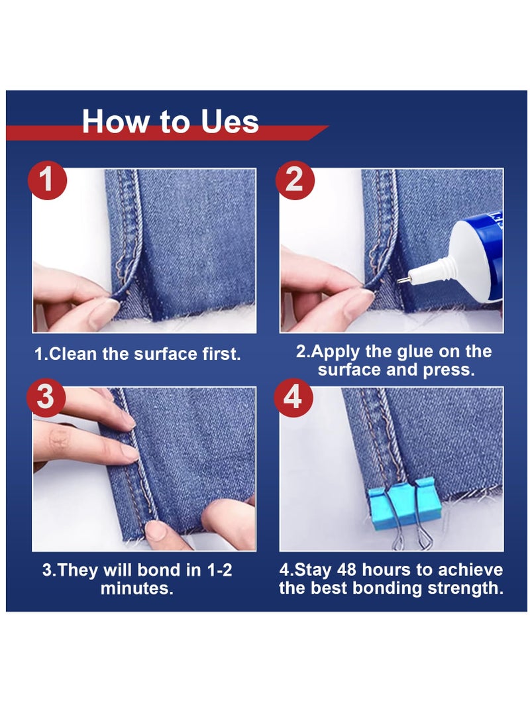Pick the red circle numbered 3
[x=46, y=399]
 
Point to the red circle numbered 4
[x=293, y=399]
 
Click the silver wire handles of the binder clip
[x=405, y=534]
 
